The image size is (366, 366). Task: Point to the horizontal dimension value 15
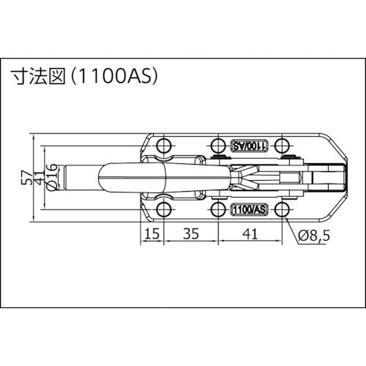(x=151, y=234)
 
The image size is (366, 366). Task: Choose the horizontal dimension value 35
(x=190, y=234)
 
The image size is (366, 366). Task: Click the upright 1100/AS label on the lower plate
(x=247, y=210)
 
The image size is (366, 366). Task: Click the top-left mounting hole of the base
(x=163, y=143)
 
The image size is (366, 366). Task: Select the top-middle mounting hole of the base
(x=217, y=143)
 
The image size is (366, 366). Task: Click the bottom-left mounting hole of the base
(x=163, y=210)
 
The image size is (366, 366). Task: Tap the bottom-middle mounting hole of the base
(x=217, y=210)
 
